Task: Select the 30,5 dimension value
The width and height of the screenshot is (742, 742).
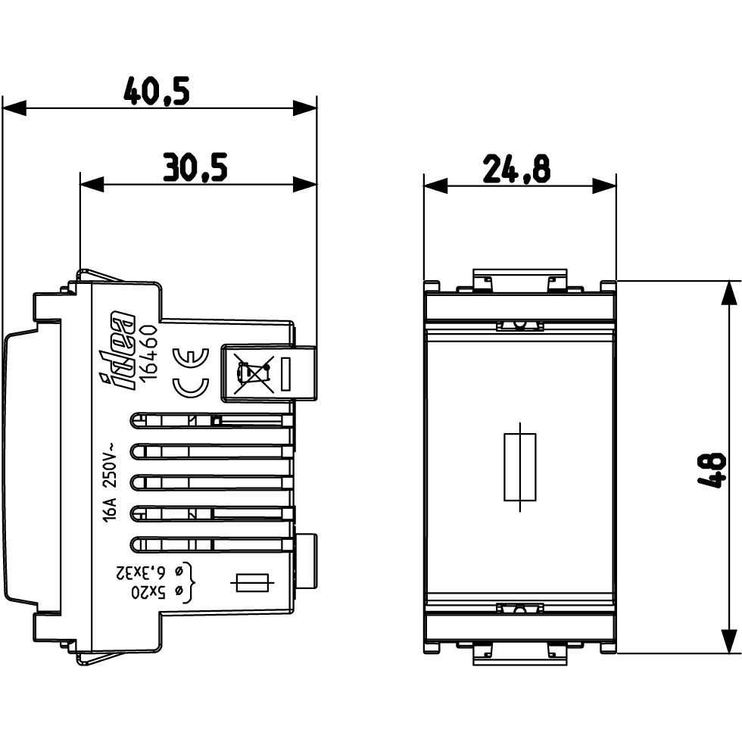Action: coord(195,167)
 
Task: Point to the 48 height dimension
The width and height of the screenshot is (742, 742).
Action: coord(712,470)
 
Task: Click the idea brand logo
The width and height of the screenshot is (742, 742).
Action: coord(117,351)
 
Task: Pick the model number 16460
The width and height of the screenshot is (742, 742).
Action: coord(150,351)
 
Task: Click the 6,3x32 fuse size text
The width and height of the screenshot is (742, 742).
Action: coord(147,572)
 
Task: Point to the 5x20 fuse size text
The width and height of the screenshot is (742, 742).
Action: coord(157,591)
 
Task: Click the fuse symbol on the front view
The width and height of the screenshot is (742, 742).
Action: coord(519,466)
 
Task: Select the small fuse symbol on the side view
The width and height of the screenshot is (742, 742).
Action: coord(252,583)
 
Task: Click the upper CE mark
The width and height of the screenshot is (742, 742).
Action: coord(190,357)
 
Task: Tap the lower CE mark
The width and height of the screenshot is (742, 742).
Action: coord(190,387)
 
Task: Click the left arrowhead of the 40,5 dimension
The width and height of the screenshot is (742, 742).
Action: coord(14,108)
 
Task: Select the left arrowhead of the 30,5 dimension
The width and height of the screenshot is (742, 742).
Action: coord(92,184)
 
